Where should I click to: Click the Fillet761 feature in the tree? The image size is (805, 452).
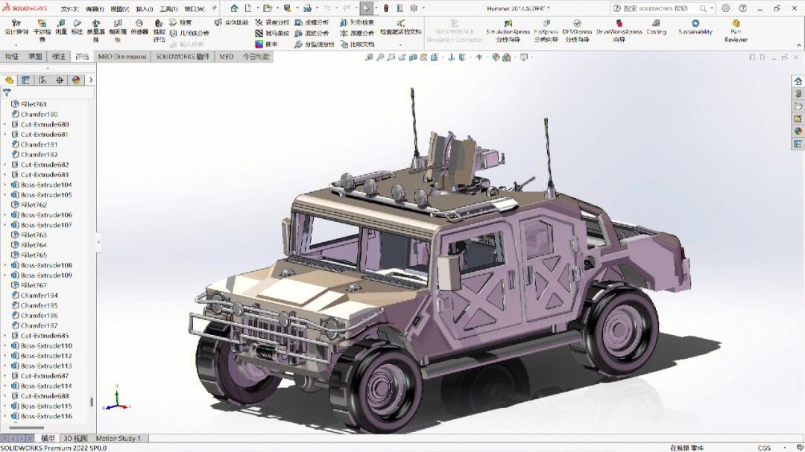tap(34, 104)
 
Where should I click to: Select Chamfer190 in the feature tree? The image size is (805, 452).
tap(39, 115)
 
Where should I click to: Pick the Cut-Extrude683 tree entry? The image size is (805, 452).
tap(44, 174)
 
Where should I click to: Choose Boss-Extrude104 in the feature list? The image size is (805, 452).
tap(46, 185)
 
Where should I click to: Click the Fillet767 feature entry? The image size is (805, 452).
tap(34, 285)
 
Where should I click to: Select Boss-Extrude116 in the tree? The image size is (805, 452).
tap(46, 416)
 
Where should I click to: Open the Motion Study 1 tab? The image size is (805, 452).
tap(118, 439)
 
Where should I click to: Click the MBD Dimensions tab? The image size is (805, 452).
tap(122, 57)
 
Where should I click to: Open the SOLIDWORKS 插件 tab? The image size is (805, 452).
tap(183, 57)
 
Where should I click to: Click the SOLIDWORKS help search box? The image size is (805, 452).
tap(660, 9)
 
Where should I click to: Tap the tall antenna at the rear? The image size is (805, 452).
tap(549, 156)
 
